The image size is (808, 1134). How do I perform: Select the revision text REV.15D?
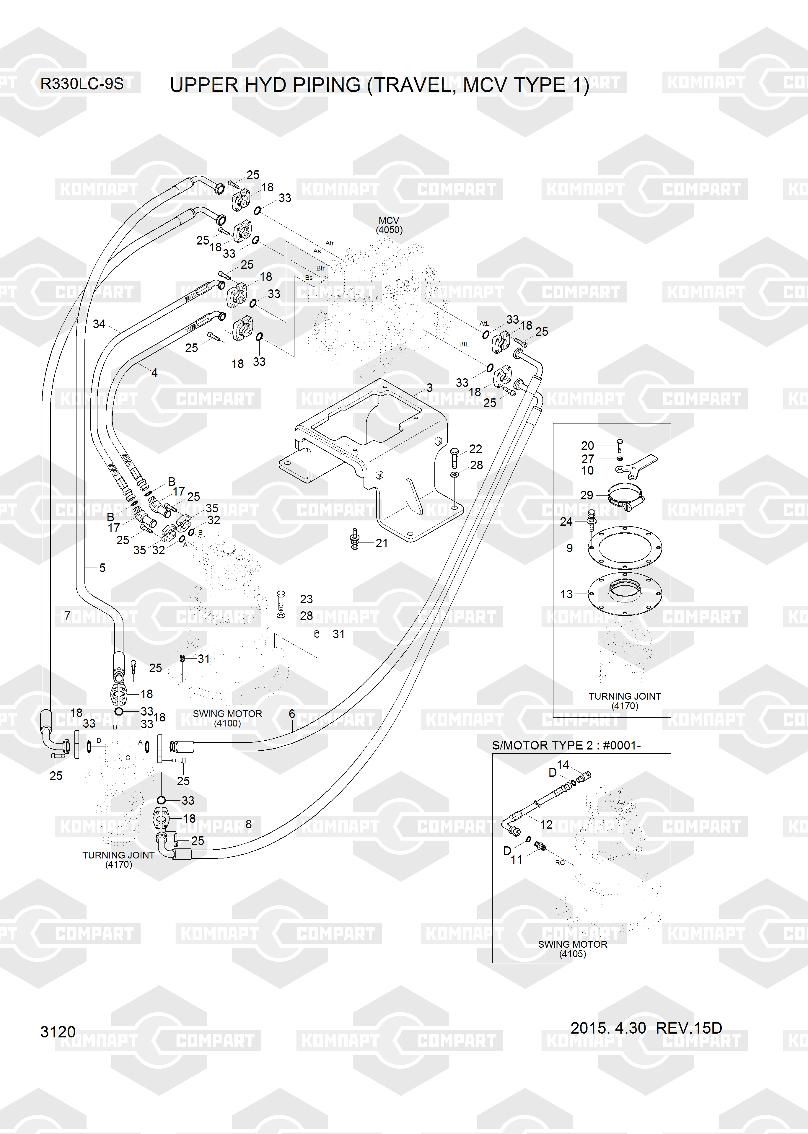tap(689, 1028)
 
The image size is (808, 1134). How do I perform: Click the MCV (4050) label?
tap(389, 225)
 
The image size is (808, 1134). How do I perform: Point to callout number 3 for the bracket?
tap(429, 387)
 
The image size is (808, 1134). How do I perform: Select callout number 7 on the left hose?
tap(67, 615)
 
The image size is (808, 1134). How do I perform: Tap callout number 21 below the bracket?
tap(382, 543)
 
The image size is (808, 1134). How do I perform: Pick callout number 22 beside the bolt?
tap(476, 449)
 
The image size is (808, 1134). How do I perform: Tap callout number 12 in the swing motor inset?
tap(546, 825)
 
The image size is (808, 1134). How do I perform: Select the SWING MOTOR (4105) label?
tap(573, 949)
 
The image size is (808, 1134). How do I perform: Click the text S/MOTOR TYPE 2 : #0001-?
tap(566, 745)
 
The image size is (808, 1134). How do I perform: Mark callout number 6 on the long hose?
tap(292, 714)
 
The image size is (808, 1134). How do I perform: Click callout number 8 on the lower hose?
tap(248, 824)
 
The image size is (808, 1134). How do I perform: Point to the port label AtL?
tap(484, 323)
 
